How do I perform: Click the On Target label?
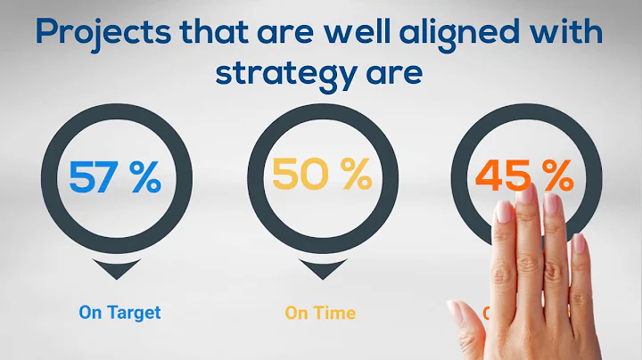119,313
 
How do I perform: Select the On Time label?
320,313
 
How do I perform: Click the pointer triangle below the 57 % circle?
114,268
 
